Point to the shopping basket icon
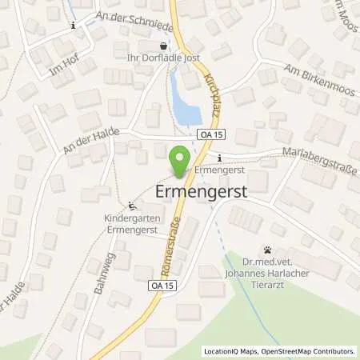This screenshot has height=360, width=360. point(165,46)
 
